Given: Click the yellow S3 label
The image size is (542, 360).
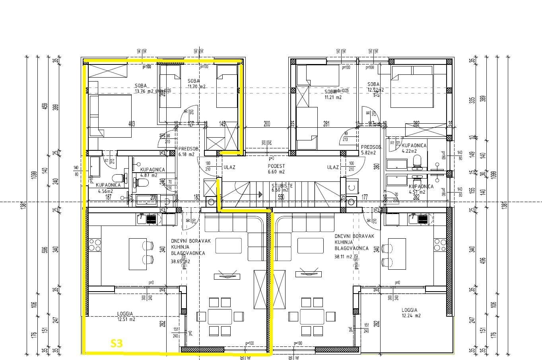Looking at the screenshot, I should (x=117, y=343).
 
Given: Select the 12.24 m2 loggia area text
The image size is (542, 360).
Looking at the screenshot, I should (x=412, y=315).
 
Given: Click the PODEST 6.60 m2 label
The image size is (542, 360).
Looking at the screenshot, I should (x=276, y=172).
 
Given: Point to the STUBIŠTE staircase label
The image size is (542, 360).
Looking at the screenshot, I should (x=282, y=185).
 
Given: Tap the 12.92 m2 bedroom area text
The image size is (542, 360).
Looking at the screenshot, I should (x=376, y=90).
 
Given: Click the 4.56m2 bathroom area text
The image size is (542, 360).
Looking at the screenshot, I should (x=106, y=191).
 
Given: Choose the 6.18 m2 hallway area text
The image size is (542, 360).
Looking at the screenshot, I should (x=186, y=154).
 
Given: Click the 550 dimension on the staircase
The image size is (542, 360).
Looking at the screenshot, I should (x=281, y=197).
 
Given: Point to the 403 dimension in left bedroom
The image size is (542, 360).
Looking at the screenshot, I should (x=132, y=124).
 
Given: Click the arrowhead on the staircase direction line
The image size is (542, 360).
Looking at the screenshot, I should (x=260, y=194).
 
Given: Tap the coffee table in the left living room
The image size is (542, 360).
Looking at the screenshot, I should (x=228, y=245).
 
